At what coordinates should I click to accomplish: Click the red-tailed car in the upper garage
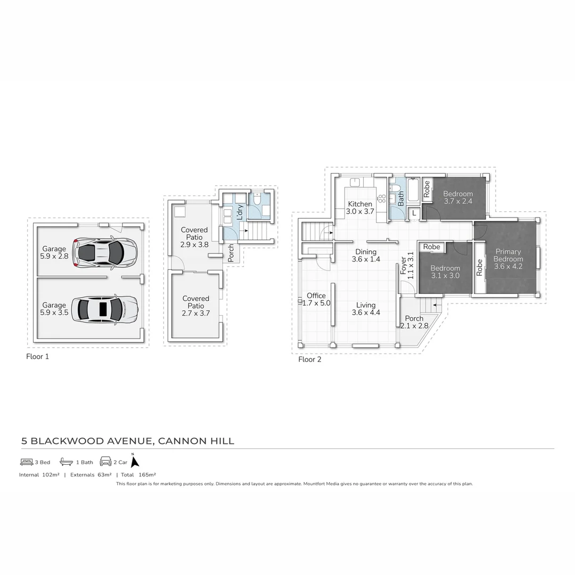[x=105, y=252]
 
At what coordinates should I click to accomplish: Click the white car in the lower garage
[x=104, y=308]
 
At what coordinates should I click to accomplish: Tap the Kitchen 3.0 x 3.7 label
[x=360, y=208]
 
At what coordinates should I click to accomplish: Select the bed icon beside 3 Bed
[x=27, y=462]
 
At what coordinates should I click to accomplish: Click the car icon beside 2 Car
[x=105, y=462]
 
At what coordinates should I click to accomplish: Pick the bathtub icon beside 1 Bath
[x=66, y=462]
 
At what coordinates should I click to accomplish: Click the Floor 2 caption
[x=310, y=359]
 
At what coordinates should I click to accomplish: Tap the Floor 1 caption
[x=37, y=357]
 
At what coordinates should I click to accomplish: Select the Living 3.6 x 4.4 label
[x=366, y=309]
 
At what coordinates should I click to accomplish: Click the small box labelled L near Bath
[x=414, y=213]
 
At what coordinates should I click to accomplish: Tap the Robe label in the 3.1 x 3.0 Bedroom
[x=432, y=247]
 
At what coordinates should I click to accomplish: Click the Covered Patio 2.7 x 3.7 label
[x=195, y=306]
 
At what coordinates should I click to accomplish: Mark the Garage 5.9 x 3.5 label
[x=54, y=309]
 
